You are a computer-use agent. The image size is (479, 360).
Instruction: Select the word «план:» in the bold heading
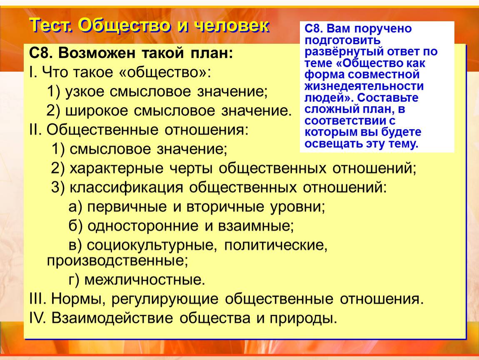pos(212,53)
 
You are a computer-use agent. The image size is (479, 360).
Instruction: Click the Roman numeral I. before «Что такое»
pos(32,72)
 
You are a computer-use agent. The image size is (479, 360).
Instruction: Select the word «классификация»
pos(126,187)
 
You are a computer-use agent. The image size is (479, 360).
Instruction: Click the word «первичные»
pos(127,207)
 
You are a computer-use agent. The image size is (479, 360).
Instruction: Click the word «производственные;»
pos(117,261)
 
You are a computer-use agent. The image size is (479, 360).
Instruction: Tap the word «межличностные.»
pos(145,280)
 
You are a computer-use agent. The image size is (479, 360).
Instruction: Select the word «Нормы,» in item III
pos(78,299)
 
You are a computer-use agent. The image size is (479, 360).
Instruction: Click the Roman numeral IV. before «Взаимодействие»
pos(37,318)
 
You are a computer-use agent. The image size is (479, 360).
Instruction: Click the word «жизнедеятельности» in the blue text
pos(364,86)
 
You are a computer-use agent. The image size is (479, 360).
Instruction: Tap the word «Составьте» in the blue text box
pos(388,98)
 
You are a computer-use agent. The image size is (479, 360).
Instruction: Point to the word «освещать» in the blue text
pos(332,144)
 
